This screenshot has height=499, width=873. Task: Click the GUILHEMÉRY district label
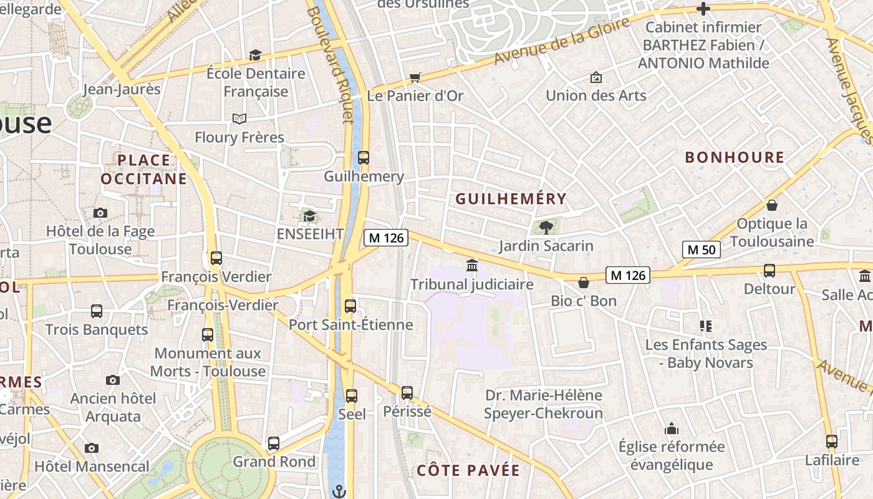(511, 199)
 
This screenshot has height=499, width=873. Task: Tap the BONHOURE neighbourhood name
(735, 157)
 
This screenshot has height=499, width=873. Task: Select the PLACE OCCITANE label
(143, 170)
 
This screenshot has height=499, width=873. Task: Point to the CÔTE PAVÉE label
(468, 470)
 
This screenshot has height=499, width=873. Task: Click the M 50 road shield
(701, 249)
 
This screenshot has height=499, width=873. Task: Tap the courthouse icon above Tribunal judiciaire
(472, 266)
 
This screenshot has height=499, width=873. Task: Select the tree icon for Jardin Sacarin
(546, 227)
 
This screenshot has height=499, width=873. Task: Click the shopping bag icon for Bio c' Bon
(584, 283)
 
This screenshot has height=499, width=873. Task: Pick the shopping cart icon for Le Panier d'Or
(415, 77)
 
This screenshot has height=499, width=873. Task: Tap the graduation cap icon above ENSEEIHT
(309, 216)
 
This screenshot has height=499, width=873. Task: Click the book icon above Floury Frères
(239, 119)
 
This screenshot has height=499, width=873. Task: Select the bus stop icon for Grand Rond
(274, 443)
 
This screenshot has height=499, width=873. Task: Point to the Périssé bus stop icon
(407, 393)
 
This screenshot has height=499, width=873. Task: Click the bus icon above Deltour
(769, 271)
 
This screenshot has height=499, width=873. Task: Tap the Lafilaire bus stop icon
(831, 442)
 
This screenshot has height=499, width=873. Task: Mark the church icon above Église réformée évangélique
(672, 429)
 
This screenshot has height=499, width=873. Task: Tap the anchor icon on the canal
(339, 491)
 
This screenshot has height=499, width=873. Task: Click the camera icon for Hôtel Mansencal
(92, 448)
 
